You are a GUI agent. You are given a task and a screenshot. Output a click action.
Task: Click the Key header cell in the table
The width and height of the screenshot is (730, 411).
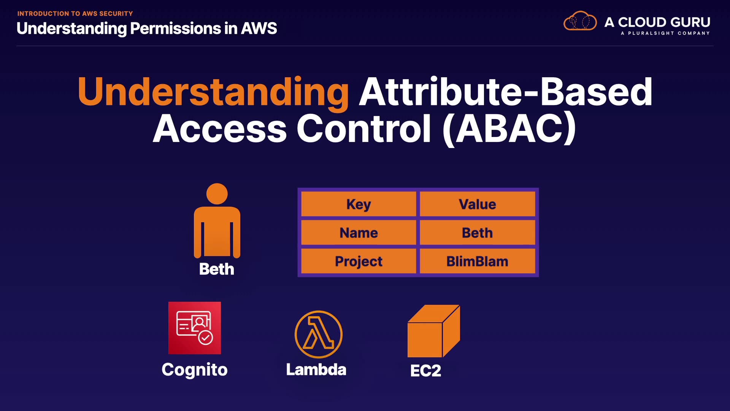point(359,204)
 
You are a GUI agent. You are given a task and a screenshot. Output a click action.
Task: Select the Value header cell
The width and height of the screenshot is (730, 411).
point(477,204)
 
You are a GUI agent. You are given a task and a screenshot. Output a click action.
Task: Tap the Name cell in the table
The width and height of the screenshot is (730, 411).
point(359,233)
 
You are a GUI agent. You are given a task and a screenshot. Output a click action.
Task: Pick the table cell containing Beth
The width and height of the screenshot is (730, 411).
point(477,233)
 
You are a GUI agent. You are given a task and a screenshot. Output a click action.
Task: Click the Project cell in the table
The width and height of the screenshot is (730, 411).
point(359,261)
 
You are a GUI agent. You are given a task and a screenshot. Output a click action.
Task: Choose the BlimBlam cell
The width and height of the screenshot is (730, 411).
point(477,261)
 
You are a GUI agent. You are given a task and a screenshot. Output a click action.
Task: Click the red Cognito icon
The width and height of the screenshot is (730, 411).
point(195,328)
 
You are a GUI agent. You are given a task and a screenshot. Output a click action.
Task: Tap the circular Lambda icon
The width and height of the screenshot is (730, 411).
point(319,335)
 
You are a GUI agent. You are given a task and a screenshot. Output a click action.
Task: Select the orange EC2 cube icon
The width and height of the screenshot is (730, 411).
point(433,331)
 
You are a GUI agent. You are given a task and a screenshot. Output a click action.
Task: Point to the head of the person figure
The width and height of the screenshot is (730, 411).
point(217,194)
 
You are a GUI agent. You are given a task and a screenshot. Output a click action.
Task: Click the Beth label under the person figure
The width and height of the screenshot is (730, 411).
point(217,269)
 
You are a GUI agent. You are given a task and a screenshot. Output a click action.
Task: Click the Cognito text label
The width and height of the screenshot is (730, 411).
point(195,370)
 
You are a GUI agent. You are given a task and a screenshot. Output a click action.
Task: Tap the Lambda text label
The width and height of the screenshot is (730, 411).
point(316,370)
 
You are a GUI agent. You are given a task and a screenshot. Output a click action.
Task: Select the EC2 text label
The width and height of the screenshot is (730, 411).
point(426,371)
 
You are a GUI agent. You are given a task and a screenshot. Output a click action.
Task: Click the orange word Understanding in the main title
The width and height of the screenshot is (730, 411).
point(213,92)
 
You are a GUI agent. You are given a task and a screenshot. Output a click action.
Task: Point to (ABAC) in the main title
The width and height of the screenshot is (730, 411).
point(509,129)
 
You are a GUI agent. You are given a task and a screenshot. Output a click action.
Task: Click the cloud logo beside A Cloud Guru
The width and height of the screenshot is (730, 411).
point(580,21)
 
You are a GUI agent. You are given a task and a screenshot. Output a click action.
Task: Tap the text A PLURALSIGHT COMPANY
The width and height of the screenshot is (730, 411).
point(665,33)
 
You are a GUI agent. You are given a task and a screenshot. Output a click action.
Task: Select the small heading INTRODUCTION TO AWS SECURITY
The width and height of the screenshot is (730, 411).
point(75,14)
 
